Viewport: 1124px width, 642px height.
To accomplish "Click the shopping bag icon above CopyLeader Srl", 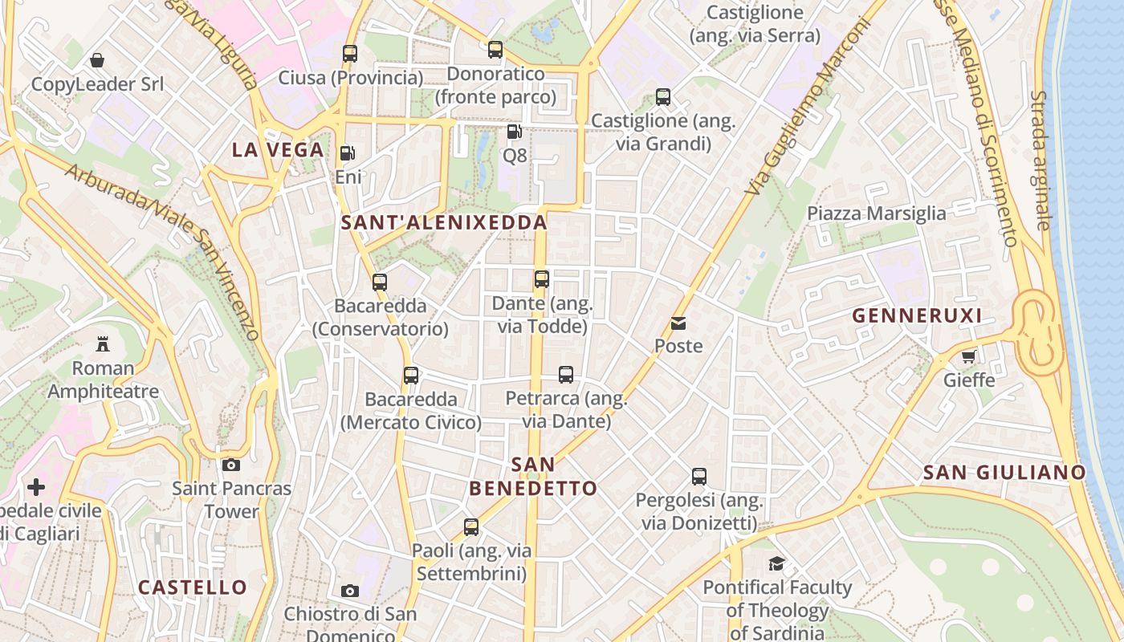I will [x=97, y=60].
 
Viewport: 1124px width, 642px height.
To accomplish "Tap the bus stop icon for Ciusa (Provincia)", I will [x=350, y=54].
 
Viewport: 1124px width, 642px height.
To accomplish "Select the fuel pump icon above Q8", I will [x=514, y=131].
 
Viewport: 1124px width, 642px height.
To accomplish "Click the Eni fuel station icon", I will [x=348, y=153].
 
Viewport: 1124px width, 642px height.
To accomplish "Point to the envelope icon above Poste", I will [x=678, y=323].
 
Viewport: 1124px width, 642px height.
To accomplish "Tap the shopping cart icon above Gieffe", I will [x=969, y=356].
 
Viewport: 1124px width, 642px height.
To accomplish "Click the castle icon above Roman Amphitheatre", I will [x=103, y=344].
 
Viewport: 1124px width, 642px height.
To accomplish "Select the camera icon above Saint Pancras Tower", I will [x=231, y=465].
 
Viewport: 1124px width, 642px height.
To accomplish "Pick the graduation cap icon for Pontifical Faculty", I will [x=776, y=563].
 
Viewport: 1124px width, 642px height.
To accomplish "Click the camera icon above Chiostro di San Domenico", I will [x=350, y=591].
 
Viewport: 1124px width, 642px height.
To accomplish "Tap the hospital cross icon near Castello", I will [x=36, y=487].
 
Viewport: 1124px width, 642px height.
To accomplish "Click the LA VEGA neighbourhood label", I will [x=278, y=150].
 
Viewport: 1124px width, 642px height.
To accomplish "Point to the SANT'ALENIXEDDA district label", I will [x=445, y=222].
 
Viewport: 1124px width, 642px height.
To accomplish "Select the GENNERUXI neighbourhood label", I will [x=917, y=315].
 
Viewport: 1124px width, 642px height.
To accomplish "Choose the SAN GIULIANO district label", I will [x=1004, y=473].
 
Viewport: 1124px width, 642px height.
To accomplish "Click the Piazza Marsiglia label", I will [x=877, y=213].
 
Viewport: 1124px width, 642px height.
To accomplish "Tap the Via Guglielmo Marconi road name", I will [x=808, y=106].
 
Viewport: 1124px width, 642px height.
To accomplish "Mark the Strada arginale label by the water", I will [x=1041, y=160].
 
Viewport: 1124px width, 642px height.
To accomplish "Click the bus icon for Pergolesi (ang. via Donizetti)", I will [x=699, y=477].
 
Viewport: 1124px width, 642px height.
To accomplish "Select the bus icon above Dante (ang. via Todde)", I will [x=542, y=279].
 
